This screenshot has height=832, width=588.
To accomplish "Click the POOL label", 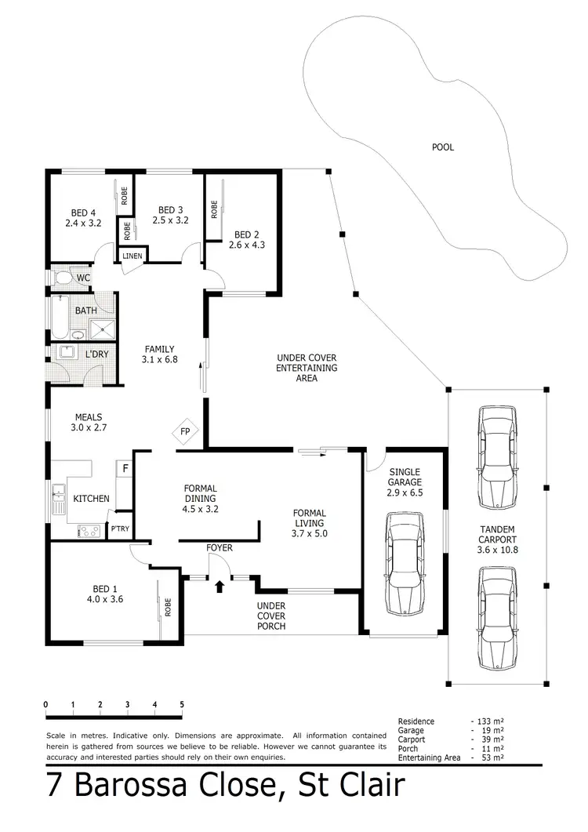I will tap(443, 147).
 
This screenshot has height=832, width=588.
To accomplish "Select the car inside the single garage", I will tap(405, 563).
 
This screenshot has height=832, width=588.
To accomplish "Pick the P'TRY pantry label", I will tap(119, 530).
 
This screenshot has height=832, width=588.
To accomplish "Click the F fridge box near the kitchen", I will tap(123, 469).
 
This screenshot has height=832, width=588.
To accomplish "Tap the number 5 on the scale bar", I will tap(182, 704).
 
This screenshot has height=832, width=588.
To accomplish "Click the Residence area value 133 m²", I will tap(488, 721).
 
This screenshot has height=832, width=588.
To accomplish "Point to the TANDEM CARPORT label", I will tap(497, 545).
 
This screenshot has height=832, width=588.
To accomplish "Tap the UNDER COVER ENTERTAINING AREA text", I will tap(307, 368).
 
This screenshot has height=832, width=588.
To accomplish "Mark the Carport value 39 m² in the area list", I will tap(488, 739).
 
